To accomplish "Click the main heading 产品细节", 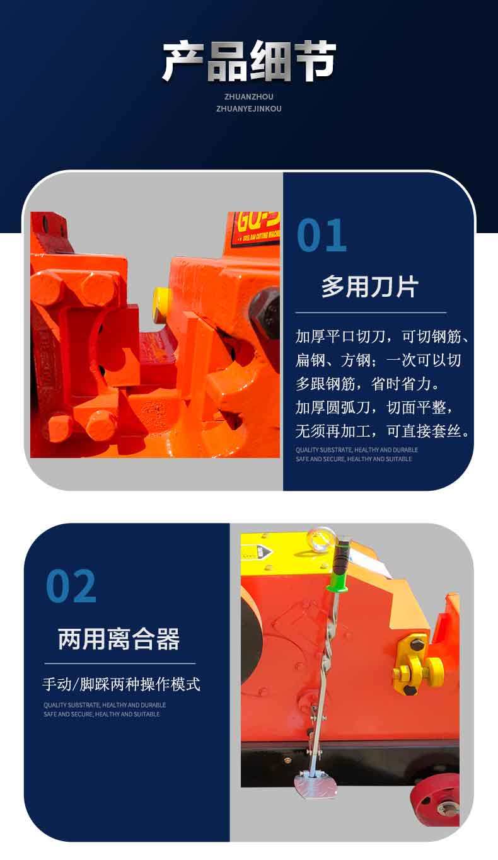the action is pos(249,62).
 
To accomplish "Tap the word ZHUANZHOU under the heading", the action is pos(249,96).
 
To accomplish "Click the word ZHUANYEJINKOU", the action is pos(249,108).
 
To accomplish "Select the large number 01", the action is pos(321,235).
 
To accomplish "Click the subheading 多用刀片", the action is pos(369,287).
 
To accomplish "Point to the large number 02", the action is pos(71,586).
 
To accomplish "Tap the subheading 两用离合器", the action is pos(119,639).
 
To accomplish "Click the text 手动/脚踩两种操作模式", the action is pos(122,684).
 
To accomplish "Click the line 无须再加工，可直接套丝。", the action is pos(383,431).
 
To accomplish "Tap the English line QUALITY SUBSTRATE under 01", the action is pos(357,450).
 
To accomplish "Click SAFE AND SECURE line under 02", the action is pos(101,714).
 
